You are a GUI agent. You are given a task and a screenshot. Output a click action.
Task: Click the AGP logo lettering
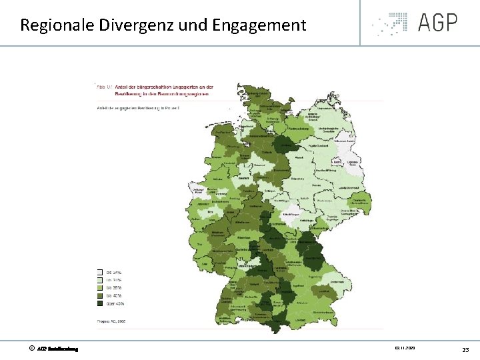[438, 22]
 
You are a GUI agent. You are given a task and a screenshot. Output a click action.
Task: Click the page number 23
[465, 349]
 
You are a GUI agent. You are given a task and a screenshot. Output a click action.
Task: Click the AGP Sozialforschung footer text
[58, 349]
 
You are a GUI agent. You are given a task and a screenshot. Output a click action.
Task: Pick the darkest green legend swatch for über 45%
[100, 304]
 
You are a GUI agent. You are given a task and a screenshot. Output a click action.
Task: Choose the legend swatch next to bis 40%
[100, 296]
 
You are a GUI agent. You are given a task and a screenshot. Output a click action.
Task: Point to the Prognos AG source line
[112, 321]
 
